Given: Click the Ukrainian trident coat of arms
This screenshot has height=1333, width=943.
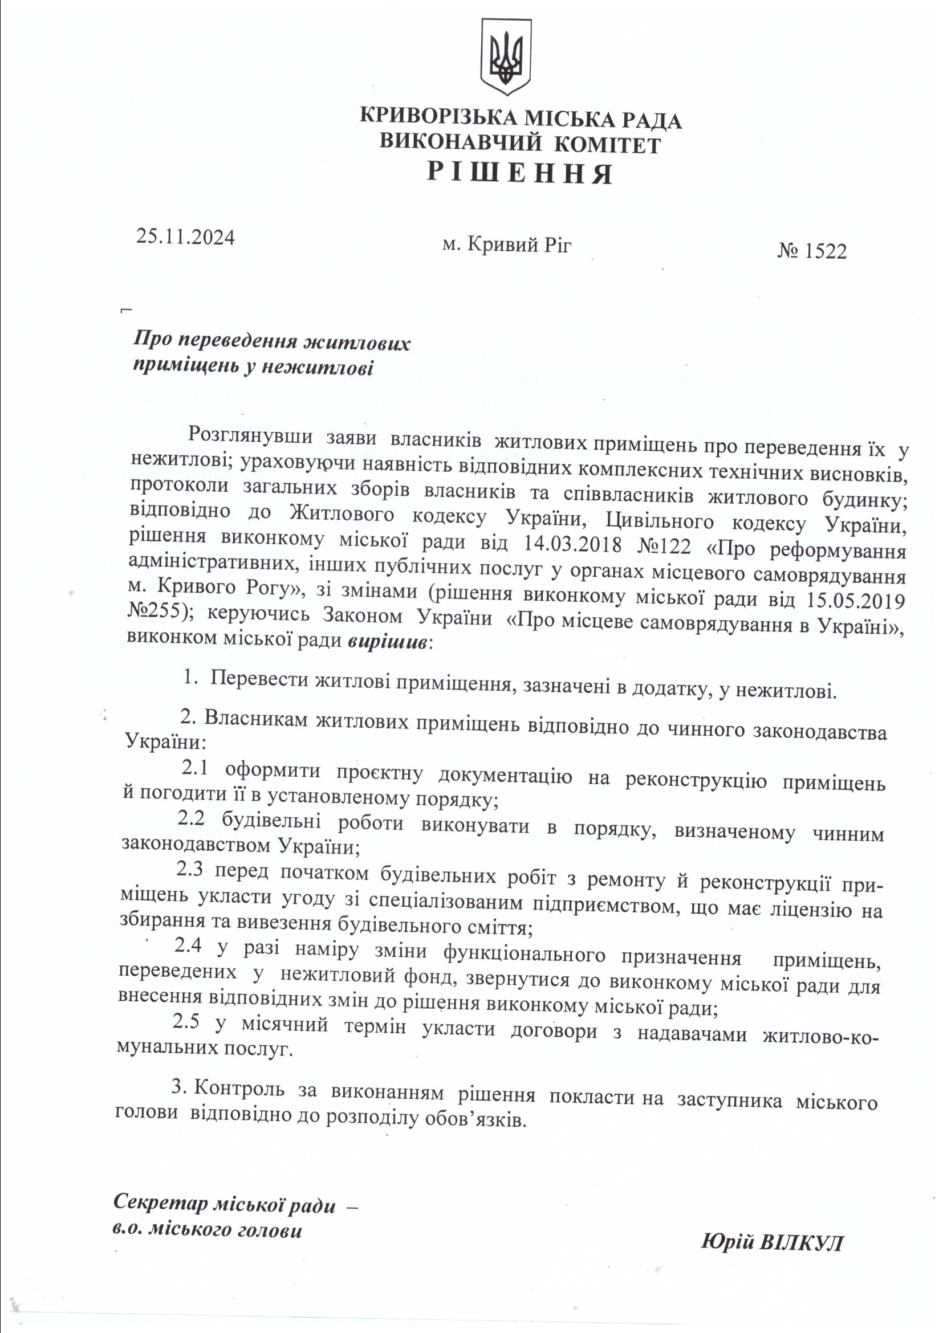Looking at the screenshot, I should [x=506, y=56].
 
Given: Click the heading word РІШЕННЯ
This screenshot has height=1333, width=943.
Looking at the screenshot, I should [x=521, y=173].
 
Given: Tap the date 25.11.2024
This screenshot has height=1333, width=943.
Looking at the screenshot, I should [x=186, y=237].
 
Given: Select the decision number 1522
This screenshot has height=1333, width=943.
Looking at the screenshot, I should [x=824, y=251].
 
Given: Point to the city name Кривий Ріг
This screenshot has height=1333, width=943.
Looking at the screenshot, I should [x=520, y=245].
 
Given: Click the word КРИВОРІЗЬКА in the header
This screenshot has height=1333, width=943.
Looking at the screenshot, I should [x=439, y=118].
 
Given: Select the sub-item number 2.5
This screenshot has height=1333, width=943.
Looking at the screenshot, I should [x=187, y=1023].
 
